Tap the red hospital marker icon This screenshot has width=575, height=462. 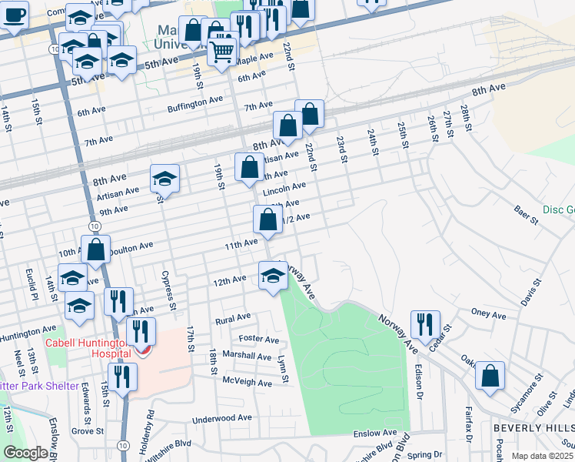pos(142,350)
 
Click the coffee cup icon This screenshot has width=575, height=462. pos(14,15)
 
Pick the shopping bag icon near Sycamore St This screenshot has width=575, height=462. pos(490,377)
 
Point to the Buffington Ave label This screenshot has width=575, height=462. pos(195,103)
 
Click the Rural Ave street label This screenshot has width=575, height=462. pos(234,317)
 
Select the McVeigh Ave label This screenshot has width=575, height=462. pos(247,383)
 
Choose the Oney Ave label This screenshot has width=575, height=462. pos(488,315)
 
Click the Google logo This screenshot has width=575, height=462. pos(25,453)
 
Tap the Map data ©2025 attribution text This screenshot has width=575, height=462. pos(542,456)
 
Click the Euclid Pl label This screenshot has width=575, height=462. pos(33,285)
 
